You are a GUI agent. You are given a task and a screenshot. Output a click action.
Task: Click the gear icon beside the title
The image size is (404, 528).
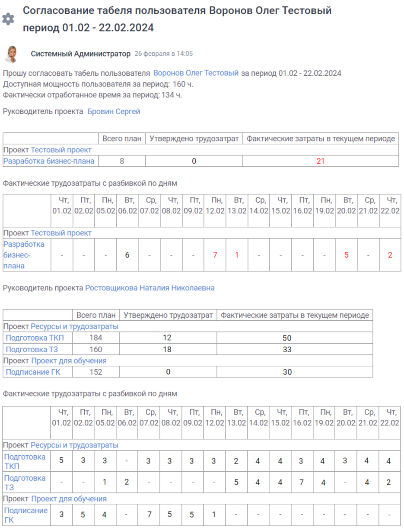pyautogui.click(x=8, y=19)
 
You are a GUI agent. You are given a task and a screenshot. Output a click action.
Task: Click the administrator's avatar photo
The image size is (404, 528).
pyautogui.click(x=11, y=54)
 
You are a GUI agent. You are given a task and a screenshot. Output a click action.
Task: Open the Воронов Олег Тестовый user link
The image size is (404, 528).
pyautogui.click(x=196, y=73)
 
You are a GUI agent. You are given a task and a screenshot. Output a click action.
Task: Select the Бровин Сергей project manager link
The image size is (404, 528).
pyautogui.click(x=114, y=112)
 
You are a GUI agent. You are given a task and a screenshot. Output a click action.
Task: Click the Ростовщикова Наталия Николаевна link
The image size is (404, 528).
pyautogui.click(x=150, y=288)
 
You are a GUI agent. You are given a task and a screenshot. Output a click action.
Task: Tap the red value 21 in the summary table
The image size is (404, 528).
pyautogui.click(x=320, y=161)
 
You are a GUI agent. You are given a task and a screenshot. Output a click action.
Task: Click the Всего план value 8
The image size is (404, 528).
pyautogui.click(x=122, y=161)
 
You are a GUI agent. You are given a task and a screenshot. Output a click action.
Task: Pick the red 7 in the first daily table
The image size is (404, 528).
pyautogui.click(x=215, y=255)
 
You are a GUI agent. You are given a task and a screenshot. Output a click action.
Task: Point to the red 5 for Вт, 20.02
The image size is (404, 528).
pyautogui.click(x=346, y=255)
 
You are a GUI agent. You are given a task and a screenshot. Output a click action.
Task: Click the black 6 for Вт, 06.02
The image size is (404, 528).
pyautogui.click(x=127, y=255)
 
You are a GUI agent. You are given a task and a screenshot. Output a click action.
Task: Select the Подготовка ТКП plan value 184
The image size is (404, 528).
pyautogui.click(x=95, y=338)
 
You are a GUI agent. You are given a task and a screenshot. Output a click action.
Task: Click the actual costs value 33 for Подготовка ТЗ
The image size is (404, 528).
pyautogui.click(x=287, y=349)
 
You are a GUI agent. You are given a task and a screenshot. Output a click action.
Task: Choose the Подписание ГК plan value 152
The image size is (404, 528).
pyautogui.click(x=95, y=372)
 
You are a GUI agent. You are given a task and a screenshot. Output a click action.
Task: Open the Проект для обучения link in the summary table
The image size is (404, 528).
pyautogui.click(x=69, y=361)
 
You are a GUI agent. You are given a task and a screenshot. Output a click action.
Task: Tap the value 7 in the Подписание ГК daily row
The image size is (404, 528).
pyautogui.click(x=148, y=515)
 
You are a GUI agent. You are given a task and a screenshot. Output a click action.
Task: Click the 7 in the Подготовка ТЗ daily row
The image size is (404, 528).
pyautogui.click(x=302, y=483)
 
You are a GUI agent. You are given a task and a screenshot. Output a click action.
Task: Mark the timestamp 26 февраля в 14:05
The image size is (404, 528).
pyautogui.click(x=163, y=54)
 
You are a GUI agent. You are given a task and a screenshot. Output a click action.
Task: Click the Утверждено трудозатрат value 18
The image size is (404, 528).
pyautogui.click(x=168, y=349)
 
